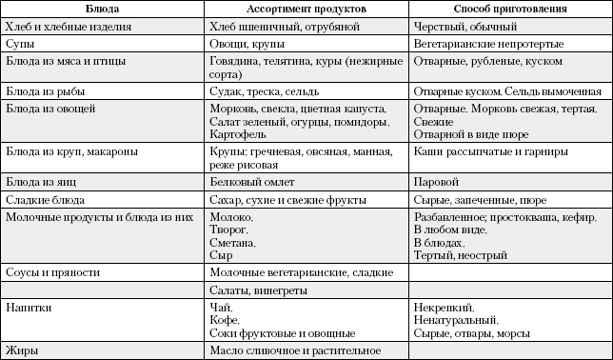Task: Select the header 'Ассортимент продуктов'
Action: click(x=306, y=9)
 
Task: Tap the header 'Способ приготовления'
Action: click(x=509, y=9)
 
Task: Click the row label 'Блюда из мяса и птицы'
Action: click(x=67, y=61)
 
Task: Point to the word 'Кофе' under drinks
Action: click(x=221, y=321)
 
